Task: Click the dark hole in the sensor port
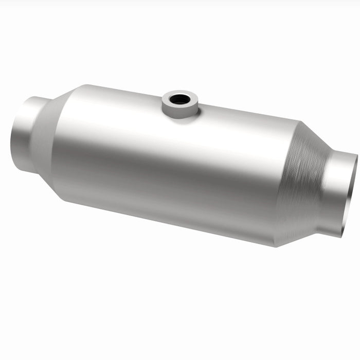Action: coord(179,99)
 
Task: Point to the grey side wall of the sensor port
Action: coord(179,111)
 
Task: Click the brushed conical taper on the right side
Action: coord(303,185)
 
